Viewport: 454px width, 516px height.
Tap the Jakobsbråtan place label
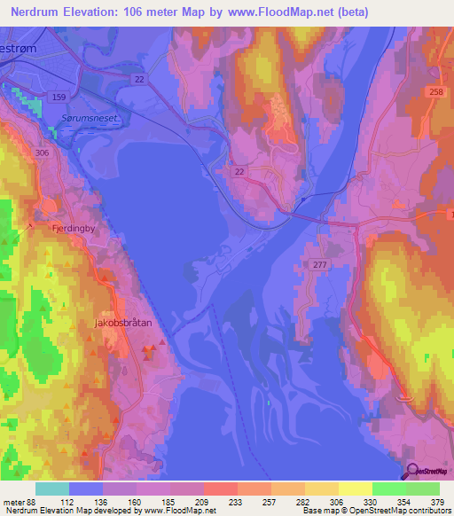[x=123, y=324]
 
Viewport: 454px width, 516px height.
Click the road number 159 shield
[x=59, y=96]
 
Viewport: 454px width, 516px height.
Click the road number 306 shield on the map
[x=43, y=152]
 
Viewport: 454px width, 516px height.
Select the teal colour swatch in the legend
[x=51, y=489]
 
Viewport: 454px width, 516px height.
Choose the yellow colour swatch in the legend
[x=355, y=489]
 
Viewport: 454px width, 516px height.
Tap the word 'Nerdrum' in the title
[x=39, y=12]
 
